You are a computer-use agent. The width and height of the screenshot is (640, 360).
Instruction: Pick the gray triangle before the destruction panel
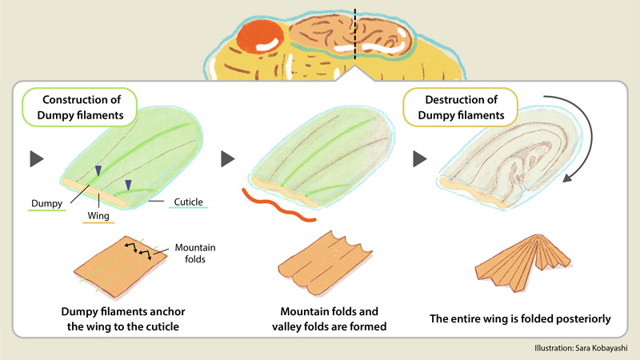[418, 158]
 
